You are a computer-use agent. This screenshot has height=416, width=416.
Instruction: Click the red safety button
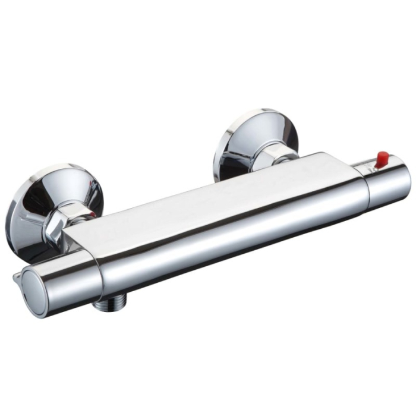click(x=383, y=158)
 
